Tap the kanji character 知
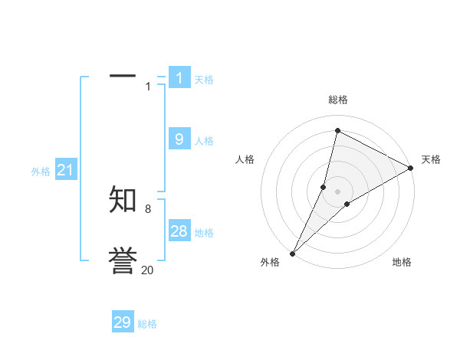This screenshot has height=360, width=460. (123, 201)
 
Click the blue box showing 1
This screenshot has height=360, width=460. (179, 77)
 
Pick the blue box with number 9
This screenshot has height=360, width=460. (179, 139)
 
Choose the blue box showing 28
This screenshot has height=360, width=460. (179, 231)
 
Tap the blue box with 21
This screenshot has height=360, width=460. (65, 170)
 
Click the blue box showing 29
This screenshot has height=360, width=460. (123, 322)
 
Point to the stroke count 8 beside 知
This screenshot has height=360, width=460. (148, 208)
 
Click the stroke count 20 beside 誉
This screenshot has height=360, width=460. (147, 270)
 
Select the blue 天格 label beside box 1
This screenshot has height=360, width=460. (204, 79)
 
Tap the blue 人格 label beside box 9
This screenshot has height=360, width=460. (204, 140)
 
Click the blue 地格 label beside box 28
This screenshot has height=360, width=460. (204, 233)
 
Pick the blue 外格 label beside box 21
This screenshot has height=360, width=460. (41, 172)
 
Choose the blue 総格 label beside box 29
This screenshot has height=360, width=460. (147, 324)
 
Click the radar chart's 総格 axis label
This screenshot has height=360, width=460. (338, 100)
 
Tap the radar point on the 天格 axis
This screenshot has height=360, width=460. (411, 169)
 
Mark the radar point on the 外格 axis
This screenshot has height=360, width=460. (292, 253)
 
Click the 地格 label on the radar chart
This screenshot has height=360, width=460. (402, 262)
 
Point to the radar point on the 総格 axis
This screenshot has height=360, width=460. (337, 131)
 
